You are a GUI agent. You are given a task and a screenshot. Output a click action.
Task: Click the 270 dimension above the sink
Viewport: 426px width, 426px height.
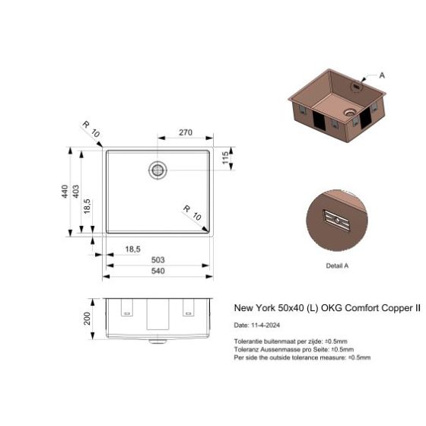point(186,132)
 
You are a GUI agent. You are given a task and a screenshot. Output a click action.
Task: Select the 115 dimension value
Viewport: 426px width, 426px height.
point(224,159)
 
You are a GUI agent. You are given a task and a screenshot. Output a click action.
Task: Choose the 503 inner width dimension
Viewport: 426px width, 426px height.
point(157,259)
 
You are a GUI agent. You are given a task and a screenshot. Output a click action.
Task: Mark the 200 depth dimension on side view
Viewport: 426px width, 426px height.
point(87,316)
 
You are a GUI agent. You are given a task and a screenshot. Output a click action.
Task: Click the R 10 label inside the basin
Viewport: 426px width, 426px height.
point(191,212)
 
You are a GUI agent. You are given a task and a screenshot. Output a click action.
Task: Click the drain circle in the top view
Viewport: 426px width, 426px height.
point(158,170)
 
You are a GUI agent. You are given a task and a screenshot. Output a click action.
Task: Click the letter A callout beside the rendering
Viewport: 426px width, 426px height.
point(382,75)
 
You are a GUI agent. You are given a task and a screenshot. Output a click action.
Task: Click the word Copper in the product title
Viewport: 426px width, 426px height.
point(382,309)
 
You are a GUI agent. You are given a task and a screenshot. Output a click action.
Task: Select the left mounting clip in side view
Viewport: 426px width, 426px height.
point(126,310)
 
